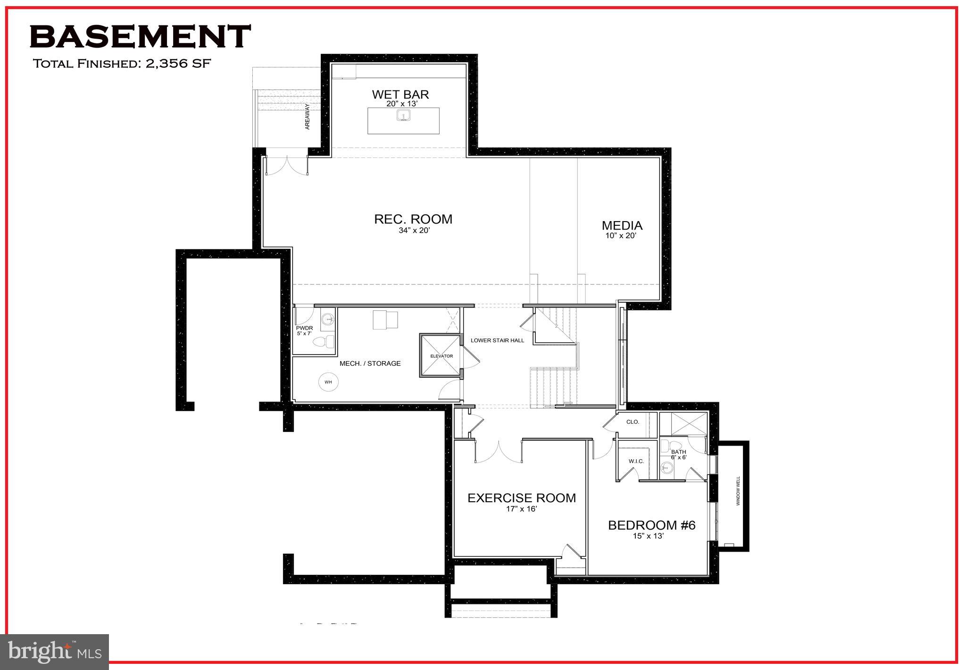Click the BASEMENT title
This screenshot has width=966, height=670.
click(x=140, y=37)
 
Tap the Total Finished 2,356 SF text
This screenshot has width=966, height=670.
click(x=121, y=64)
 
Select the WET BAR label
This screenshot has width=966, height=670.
click(x=400, y=94)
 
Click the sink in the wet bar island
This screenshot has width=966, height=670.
click(x=403, y=115)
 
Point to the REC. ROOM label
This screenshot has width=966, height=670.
click(x=413, y=219)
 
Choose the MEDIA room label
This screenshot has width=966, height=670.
click(x=622, y=226)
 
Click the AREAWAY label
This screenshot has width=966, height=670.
click(x=308, y=116)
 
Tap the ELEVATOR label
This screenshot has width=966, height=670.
click(x=441, y=356)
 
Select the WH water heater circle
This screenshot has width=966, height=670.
click(x=329, y=382)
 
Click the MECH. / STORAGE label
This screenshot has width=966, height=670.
click(x=370, y=364)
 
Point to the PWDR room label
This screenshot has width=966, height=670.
click(x=304, y=328)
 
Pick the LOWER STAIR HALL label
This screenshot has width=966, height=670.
click(x=497, y=340)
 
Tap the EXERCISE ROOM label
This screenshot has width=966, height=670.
click(x=522, y=498)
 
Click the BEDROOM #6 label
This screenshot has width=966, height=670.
click(x=651, y=525)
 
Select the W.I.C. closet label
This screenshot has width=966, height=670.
click(x=636, y=461)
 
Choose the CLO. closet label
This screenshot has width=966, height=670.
click(x=633, y=422)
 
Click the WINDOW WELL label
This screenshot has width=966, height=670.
click(x=739, y=491)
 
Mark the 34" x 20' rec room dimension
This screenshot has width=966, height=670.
click(x=414, y=231)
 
